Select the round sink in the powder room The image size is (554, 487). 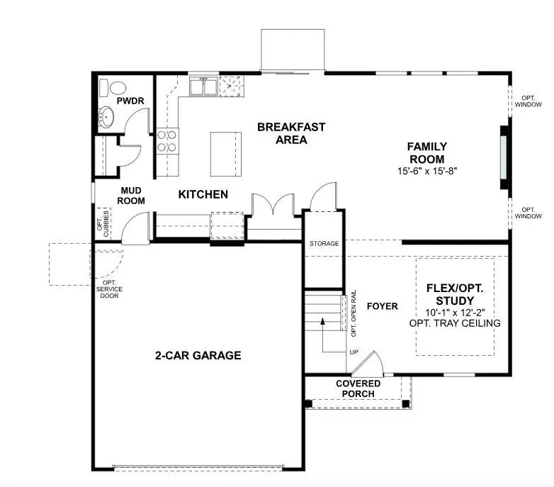click(x=108, y=117)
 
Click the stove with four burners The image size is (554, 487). click(x=167, y=141)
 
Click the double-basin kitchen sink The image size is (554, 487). click(x=203, y=86)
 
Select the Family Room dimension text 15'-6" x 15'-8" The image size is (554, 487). click(x=426, y=172)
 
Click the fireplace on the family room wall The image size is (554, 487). click(x=504, y=157)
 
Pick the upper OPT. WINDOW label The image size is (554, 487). click(x=528, y=101)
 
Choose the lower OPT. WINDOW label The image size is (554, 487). click(x=528, y=213)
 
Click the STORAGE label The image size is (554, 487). click(x=324, y=244)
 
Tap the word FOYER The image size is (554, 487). click(x=382, y=306)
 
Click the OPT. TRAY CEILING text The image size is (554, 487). click(x=454, y=323)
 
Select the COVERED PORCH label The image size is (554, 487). click(x=358, y=388)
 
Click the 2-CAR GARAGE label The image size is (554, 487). click(x=198, y=355)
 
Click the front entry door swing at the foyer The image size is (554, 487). click(x=368, y=364)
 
